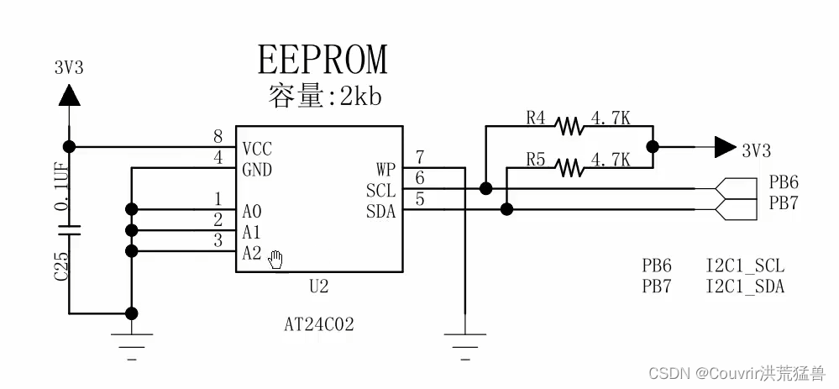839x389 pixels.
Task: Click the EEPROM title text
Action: pos(323,60)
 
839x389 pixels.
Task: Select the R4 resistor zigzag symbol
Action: pos(569,127)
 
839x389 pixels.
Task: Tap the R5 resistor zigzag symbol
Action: pos(569,167)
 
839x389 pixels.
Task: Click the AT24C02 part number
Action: pos(318,323)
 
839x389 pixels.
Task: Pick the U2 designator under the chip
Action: pos(318,286)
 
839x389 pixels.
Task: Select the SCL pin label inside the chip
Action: pos(380,191)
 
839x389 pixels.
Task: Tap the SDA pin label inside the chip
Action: pos(380,211)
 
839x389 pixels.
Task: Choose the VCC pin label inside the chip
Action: pos(257,149)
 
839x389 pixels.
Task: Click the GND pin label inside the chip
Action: pos(257,169)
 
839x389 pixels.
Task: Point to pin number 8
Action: pos(218,137)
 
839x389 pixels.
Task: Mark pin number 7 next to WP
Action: pos(420,156)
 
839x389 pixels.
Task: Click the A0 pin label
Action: pos(252,211)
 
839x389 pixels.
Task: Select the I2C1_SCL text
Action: pos(745,266)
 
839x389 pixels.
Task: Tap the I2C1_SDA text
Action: pos(745,286)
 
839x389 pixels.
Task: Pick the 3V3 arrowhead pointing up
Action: pos(69,95)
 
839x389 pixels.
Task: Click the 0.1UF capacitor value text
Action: pos(61,181)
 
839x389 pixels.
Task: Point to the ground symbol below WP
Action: pos(464,340)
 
